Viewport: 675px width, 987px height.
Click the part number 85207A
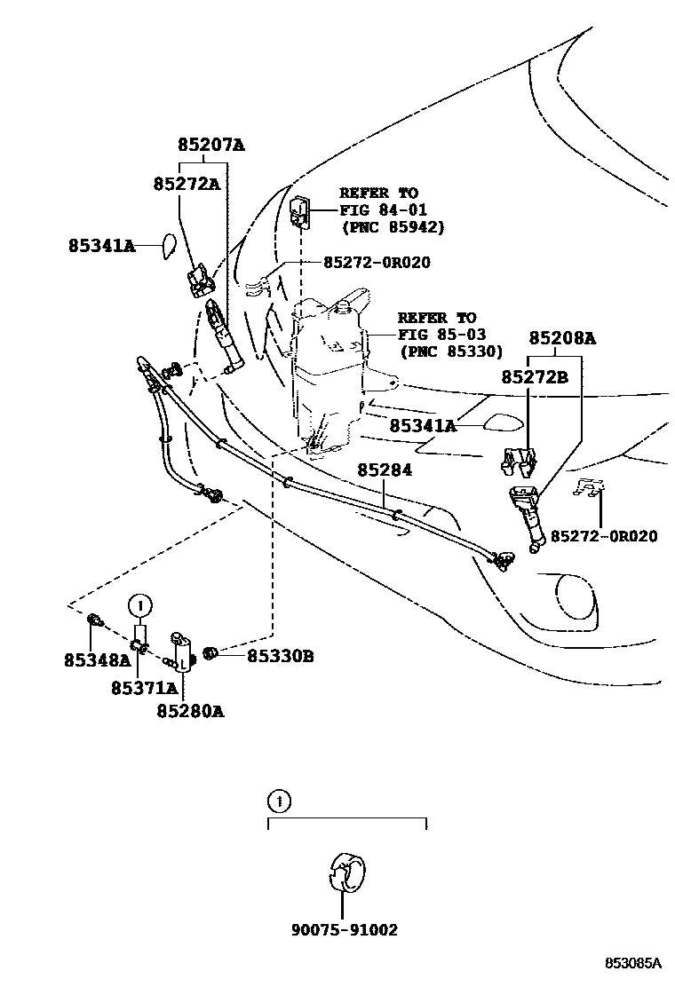point(210,145)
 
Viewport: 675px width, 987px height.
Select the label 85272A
point(187,184)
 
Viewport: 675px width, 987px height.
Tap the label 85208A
point(562,338)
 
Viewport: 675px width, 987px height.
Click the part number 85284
point(385,470)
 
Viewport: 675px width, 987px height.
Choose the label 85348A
point(97,659)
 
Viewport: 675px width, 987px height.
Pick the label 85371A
point(144,687)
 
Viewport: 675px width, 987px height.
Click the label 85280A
point(190,711)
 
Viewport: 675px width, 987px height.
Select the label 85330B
point(280,656)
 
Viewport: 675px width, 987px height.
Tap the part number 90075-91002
point(344,930)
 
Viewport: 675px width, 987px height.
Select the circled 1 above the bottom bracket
point(278,802)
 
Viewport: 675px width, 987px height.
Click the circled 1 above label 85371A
point(139,606)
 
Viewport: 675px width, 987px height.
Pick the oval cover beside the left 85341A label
point(168,246)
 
